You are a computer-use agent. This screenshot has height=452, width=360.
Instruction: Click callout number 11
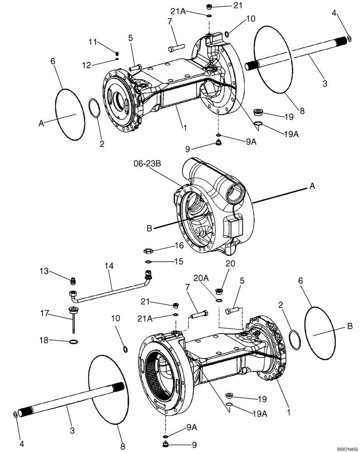coord(92,42)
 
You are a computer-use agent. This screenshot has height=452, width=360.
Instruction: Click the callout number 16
coord(179,245)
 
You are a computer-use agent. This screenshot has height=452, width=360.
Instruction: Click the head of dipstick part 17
coord(72,310)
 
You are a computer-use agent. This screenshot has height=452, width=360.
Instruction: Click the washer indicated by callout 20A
coord(218,301)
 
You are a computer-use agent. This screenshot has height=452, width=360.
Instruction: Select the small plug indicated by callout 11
coord(117,53)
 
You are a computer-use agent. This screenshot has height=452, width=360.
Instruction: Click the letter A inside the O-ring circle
coord(41,122)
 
